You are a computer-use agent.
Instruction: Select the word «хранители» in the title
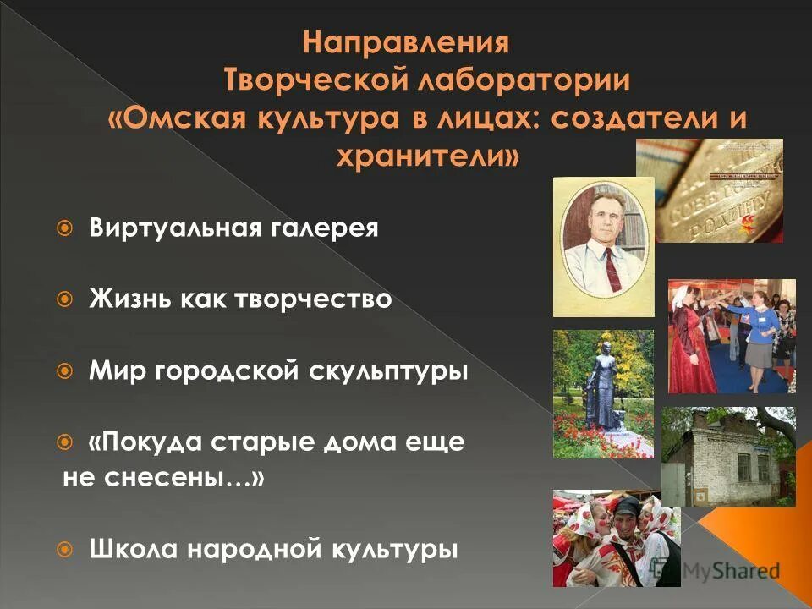[428, 157]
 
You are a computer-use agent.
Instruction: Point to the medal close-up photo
[709, 190]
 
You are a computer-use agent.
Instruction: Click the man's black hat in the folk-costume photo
[626, 507]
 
